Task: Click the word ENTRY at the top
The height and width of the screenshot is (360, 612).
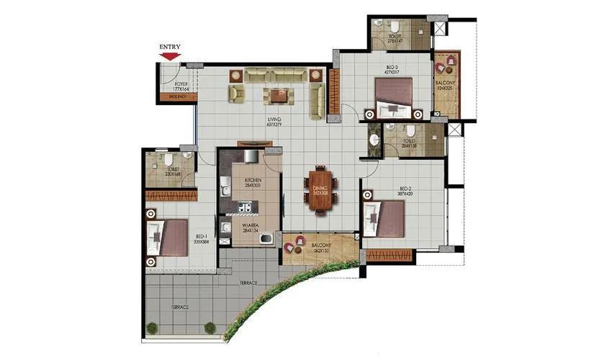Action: pyautogui.click(x=170, y=47)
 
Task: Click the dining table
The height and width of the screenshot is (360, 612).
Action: pyautogui.click(x=320, y=190)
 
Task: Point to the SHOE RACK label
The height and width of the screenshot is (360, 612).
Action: pyautogui.click(x=178, y=96)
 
